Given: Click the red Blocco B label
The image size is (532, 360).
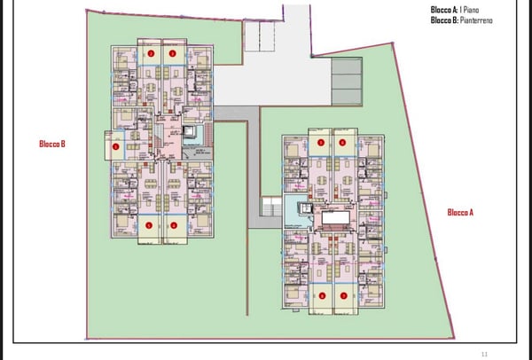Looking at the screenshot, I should pyautogui.click(x=53, y=144).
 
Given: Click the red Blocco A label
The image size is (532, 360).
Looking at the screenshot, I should pyautogui.click(x=460, y=212).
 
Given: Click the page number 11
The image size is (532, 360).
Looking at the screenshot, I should pyautogui.click(x=484, y=352).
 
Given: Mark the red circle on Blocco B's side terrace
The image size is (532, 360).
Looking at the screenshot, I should pyautogui.click(x=115, y=146).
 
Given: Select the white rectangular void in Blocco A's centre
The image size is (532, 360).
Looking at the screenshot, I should pyautogui.click(x=334, y=217).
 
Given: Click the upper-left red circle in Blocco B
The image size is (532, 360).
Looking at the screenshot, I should pyautogui.click(x=151, y=53).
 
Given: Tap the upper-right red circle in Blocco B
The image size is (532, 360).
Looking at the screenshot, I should pyautogui.click(x=174, y=53).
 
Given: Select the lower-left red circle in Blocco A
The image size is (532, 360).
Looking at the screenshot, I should pyautogui.click(x=322, y=294).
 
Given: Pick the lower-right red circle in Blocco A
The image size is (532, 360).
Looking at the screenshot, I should pyautogui.click(x=343, y=294).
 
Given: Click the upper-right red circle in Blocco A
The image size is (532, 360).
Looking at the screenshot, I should pyautogui.click(x=342, y=143).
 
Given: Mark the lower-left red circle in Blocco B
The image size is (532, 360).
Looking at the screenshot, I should pyautogui.click(x=149, y=224).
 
